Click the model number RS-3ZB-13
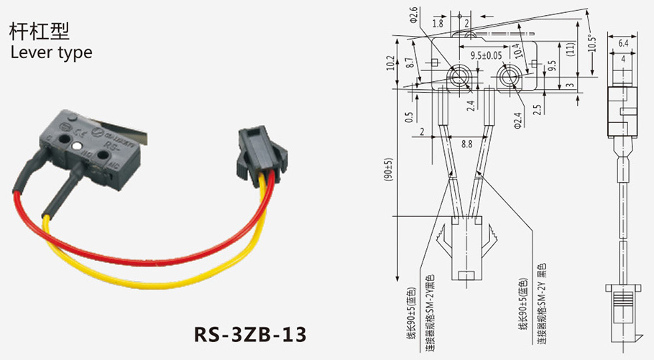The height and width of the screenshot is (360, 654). click(x=250, y=334)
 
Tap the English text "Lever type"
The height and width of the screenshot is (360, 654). click(x=50, y=52)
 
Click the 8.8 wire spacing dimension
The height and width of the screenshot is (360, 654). click(x=466, y=144)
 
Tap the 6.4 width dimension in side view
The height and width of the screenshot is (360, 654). click(x=623, y=44)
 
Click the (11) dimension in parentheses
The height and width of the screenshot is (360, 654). click(x=571, y=50)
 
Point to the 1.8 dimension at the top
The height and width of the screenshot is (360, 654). click(x=438, y=24)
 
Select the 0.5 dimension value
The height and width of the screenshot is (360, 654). click(x=410, y=117)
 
